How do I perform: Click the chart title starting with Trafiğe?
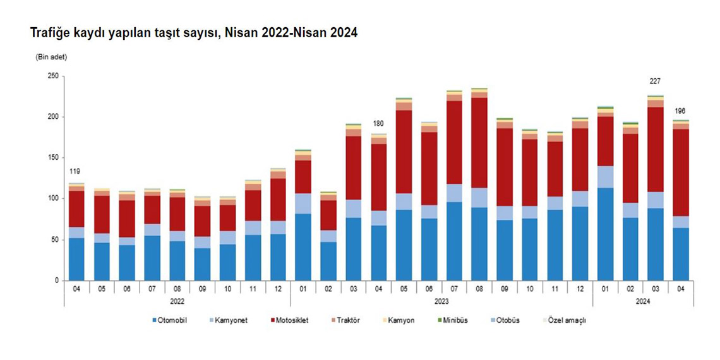(194, 33)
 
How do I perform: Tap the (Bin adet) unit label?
(51, 57)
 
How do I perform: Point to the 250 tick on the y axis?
(53, 76)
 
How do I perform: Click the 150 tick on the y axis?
(53, 158)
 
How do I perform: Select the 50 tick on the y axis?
(55, 240)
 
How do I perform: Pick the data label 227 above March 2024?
(655, 81)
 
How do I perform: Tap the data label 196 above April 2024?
(680, 111)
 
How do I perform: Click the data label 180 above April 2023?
(378, 124)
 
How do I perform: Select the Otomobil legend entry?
(169, 321)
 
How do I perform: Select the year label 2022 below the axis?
(177, 303)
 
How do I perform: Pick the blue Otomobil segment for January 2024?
(605, 234)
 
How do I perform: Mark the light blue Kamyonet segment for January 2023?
(303, 203)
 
